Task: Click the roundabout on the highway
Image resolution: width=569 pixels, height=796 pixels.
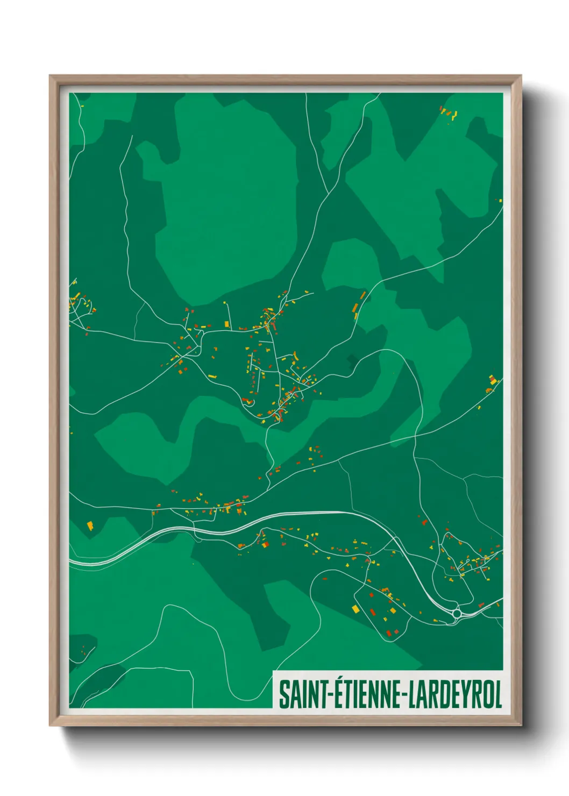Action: pos(457,613)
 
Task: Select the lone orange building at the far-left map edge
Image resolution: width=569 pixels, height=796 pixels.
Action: pos(90,525)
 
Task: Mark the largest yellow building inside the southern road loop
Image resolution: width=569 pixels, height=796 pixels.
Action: pos(355,608)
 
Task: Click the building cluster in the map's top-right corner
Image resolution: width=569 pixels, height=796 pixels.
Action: pos(447,113)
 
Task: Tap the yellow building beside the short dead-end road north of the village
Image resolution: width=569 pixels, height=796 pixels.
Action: pos(227,323)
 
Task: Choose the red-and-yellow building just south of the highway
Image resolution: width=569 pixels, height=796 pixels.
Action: pos(264,544)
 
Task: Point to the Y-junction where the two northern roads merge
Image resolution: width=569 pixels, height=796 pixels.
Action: pos(329,192)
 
